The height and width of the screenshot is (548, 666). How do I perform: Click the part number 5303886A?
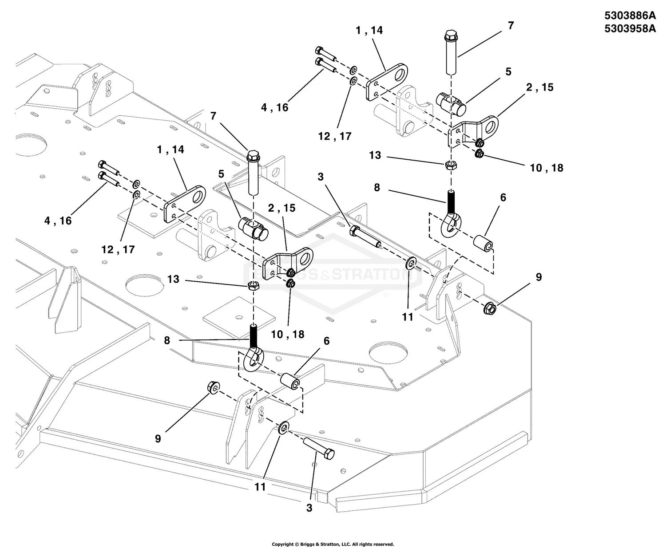630,16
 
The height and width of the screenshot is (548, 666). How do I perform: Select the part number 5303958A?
630,29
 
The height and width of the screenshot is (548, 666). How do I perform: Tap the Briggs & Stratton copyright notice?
333,544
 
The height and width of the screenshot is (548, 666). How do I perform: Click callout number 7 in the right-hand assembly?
511,26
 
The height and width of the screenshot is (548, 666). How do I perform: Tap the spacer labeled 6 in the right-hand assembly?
483,244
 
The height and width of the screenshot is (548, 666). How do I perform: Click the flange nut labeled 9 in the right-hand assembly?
490,307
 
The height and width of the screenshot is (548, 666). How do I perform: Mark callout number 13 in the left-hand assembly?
173,279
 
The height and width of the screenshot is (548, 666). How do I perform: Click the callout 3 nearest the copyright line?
309,508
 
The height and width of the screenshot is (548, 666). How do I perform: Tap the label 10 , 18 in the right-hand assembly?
546,168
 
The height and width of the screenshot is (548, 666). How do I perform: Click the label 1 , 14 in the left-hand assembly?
170,150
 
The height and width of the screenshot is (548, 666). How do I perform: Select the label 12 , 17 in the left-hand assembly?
118,249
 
